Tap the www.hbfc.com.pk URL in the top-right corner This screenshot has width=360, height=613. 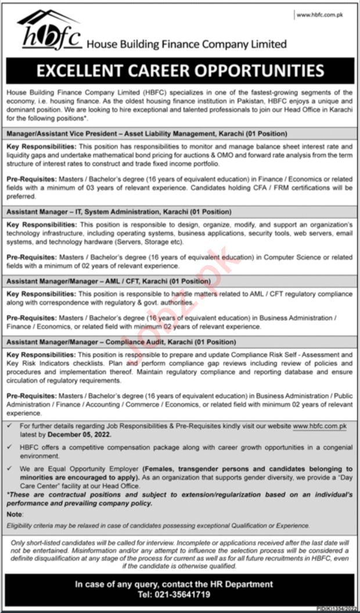pos(320,15)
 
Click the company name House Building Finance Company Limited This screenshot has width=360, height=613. pos(186,44)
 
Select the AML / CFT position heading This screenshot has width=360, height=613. pos(108,281)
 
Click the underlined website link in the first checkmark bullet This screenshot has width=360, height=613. pos(319,426)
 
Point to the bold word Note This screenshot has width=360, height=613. pos(15,514)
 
